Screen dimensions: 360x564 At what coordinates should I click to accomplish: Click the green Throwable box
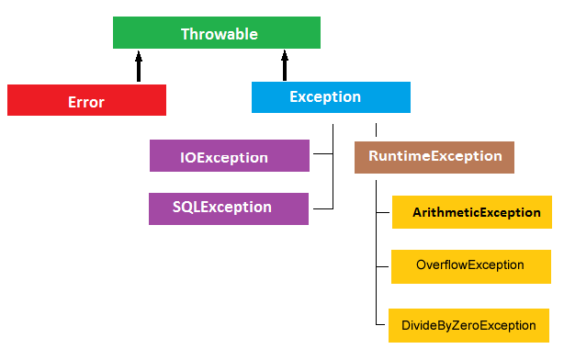click(x=216, y=34)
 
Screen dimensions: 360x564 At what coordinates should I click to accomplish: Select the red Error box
click(x=86, y=100)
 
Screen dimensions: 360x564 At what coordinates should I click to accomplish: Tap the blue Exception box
click(x=331, y=97)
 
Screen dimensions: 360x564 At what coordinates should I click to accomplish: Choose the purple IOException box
click(x=230, y=156)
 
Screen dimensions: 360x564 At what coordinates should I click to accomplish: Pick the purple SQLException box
click(x=230, y=208)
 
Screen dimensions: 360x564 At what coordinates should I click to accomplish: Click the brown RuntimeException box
click(x=434, y=157)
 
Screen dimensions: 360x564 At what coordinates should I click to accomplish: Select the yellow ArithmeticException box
click(x=472, y=212)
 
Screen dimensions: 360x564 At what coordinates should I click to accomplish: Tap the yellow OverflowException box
click(x=471, y=265)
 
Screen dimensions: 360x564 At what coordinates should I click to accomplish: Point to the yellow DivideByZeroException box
click(x=468, y=325)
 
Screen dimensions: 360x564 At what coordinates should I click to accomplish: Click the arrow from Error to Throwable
click(x=139, y=66)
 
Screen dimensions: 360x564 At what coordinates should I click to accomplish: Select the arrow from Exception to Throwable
click(x=286, y=65)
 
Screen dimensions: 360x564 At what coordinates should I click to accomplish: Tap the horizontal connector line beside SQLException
click(x=322, y=208)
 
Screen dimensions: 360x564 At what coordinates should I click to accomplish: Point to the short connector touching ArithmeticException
click(x=384, y=213)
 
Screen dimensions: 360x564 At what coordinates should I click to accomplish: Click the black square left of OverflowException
click(x=384, y=266)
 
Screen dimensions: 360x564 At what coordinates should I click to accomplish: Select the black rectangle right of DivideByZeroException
click(x=556, y=325)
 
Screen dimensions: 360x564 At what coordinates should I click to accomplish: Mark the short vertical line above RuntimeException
click(x=376, y=129)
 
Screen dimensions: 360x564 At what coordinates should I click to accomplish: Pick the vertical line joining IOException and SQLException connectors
click(x=333, y=180)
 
